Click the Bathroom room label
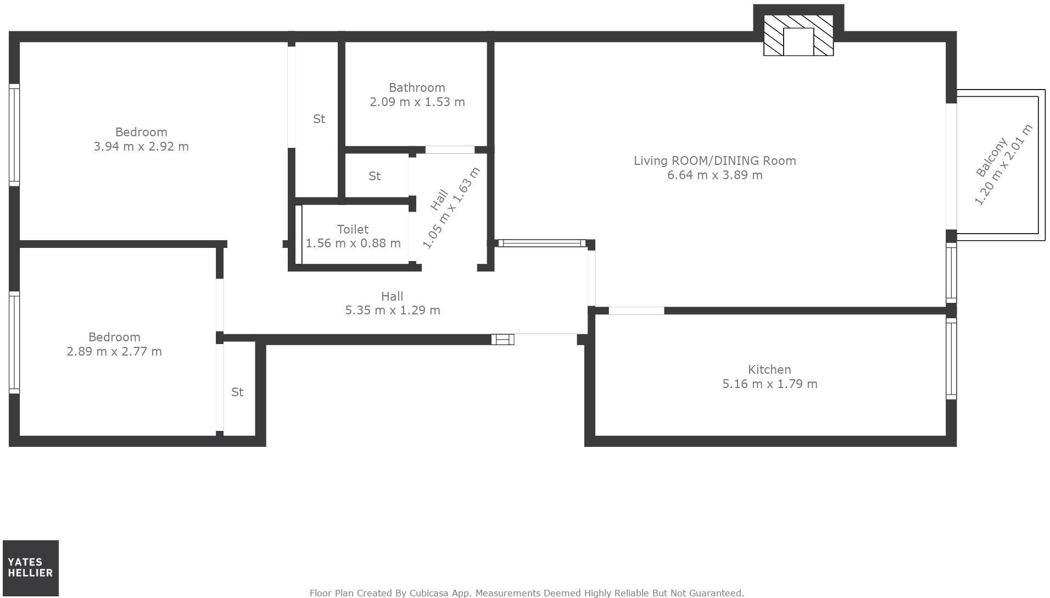pos(417,87)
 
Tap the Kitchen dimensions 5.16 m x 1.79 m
pos(769,384)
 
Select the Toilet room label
pos(353,229)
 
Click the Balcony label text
pos(992,157)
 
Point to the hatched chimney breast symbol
pos(798,36)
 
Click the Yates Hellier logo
pos(31,568)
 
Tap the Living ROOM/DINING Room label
pos(714,160)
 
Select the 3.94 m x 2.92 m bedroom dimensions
pos(141,146)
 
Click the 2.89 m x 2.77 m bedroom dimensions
pos(114,351)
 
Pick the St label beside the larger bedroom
pos(319,119)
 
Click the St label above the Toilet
pos(375,176)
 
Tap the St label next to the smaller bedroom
pos(237,392)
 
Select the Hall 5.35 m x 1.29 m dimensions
pos(392,310)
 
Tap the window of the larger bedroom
pos(14,135)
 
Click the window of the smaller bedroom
pos(14,342)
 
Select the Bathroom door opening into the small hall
pos(450,149)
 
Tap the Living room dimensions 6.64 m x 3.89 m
pos(714,175)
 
